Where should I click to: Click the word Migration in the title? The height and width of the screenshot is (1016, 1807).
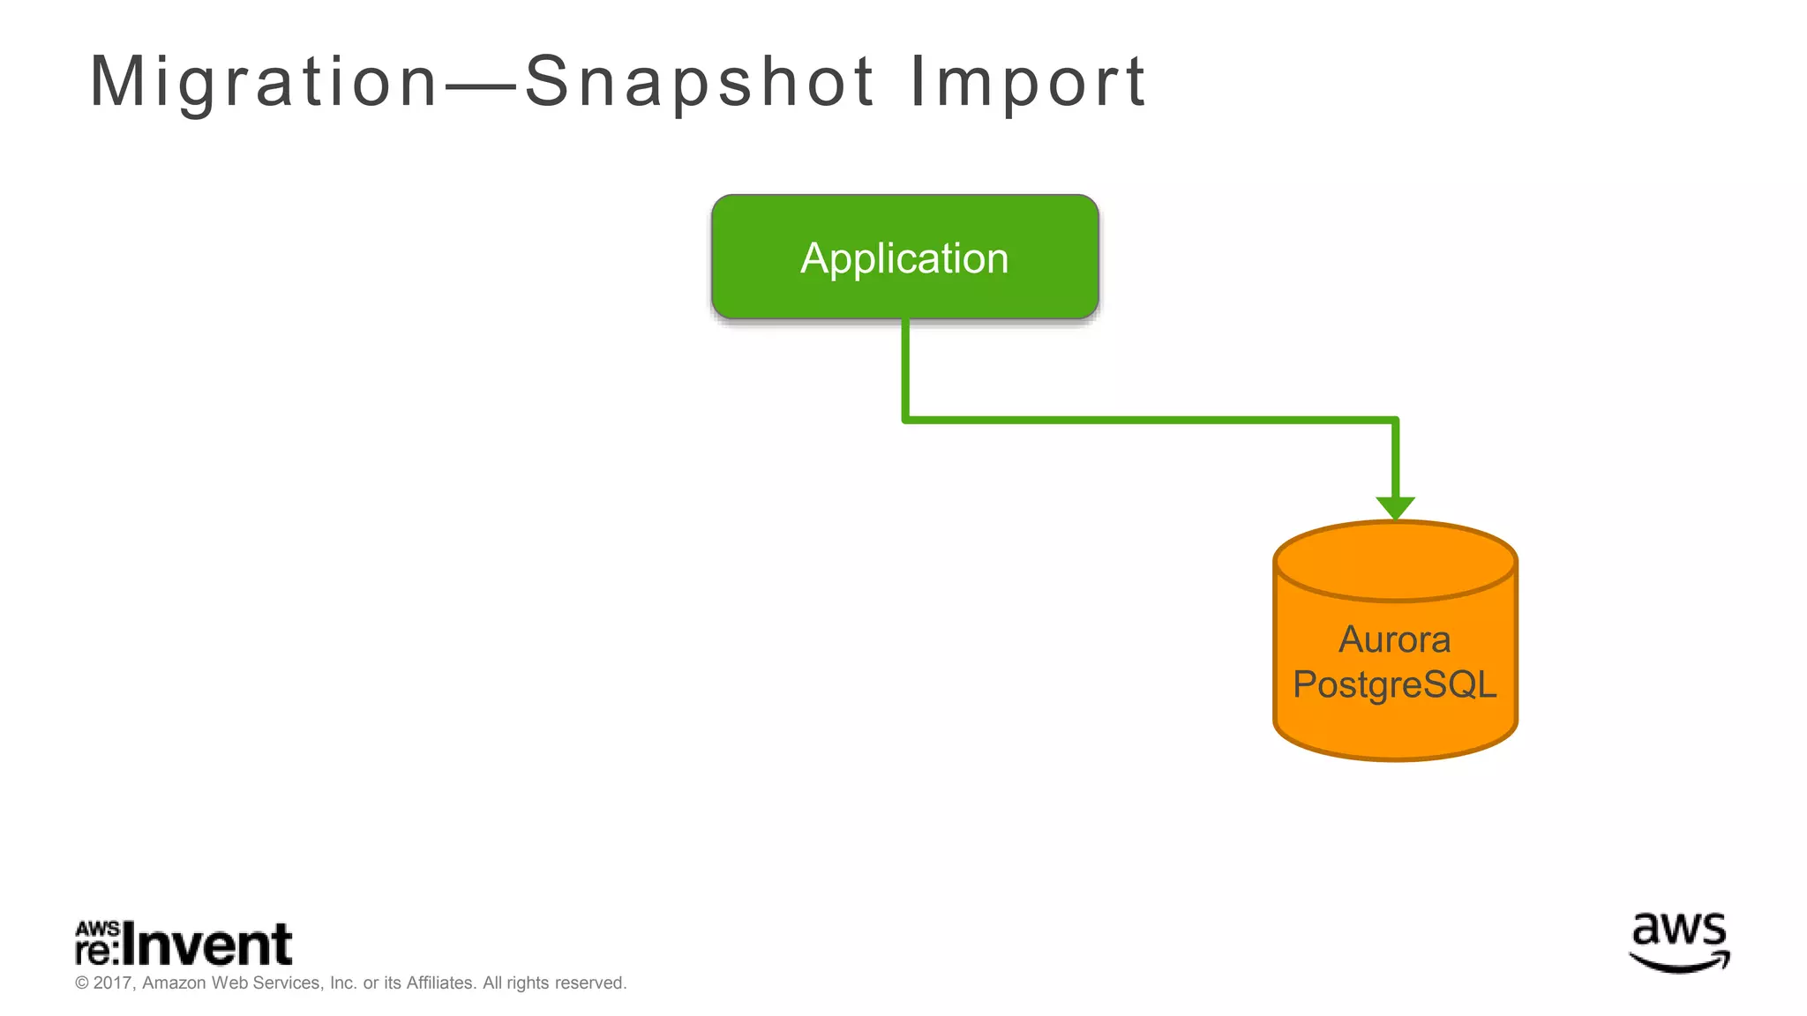263,82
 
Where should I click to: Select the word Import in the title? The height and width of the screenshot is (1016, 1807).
1028,82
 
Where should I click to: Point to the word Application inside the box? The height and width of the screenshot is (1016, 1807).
904,258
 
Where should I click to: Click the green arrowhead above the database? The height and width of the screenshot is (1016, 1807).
1395,508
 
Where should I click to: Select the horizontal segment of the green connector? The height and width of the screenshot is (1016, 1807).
1147,421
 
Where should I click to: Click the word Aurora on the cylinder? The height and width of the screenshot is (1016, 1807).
1394,639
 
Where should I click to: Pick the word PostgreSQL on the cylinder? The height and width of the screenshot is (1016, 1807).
1394,684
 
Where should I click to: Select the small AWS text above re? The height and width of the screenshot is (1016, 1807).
97,929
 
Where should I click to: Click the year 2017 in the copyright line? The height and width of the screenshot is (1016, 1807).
113,982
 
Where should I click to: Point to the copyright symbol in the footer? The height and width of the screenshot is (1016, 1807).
82,982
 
